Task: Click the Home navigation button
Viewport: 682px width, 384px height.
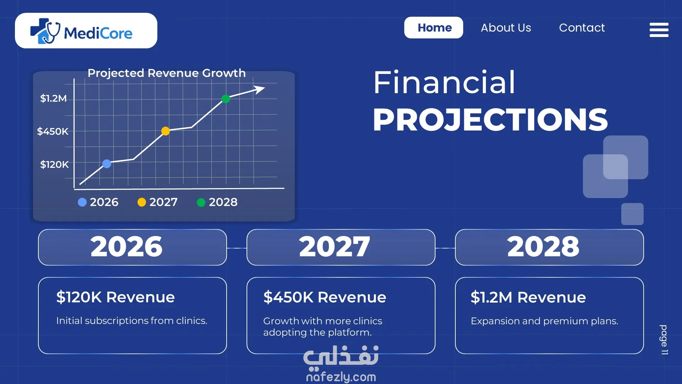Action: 433,28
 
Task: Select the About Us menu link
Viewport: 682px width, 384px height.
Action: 506,28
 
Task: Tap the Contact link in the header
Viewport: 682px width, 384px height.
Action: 582,28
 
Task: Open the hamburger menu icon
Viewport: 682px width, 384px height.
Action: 659,30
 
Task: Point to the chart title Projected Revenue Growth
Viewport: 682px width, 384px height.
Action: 167,73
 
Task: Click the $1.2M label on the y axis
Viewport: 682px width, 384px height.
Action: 53,98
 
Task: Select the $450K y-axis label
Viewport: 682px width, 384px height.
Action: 53,132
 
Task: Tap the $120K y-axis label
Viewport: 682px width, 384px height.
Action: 54,164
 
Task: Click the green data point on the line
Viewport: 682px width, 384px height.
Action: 226,99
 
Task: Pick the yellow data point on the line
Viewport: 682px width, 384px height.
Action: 166,131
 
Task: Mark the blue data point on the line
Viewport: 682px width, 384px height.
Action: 107,164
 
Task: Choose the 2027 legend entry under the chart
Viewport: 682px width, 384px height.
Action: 157,202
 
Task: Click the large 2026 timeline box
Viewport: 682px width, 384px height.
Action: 132,247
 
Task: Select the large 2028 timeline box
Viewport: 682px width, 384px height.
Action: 549,247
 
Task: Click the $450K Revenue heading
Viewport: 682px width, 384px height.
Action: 325,297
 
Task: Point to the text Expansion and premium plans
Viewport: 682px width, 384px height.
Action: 544,321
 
